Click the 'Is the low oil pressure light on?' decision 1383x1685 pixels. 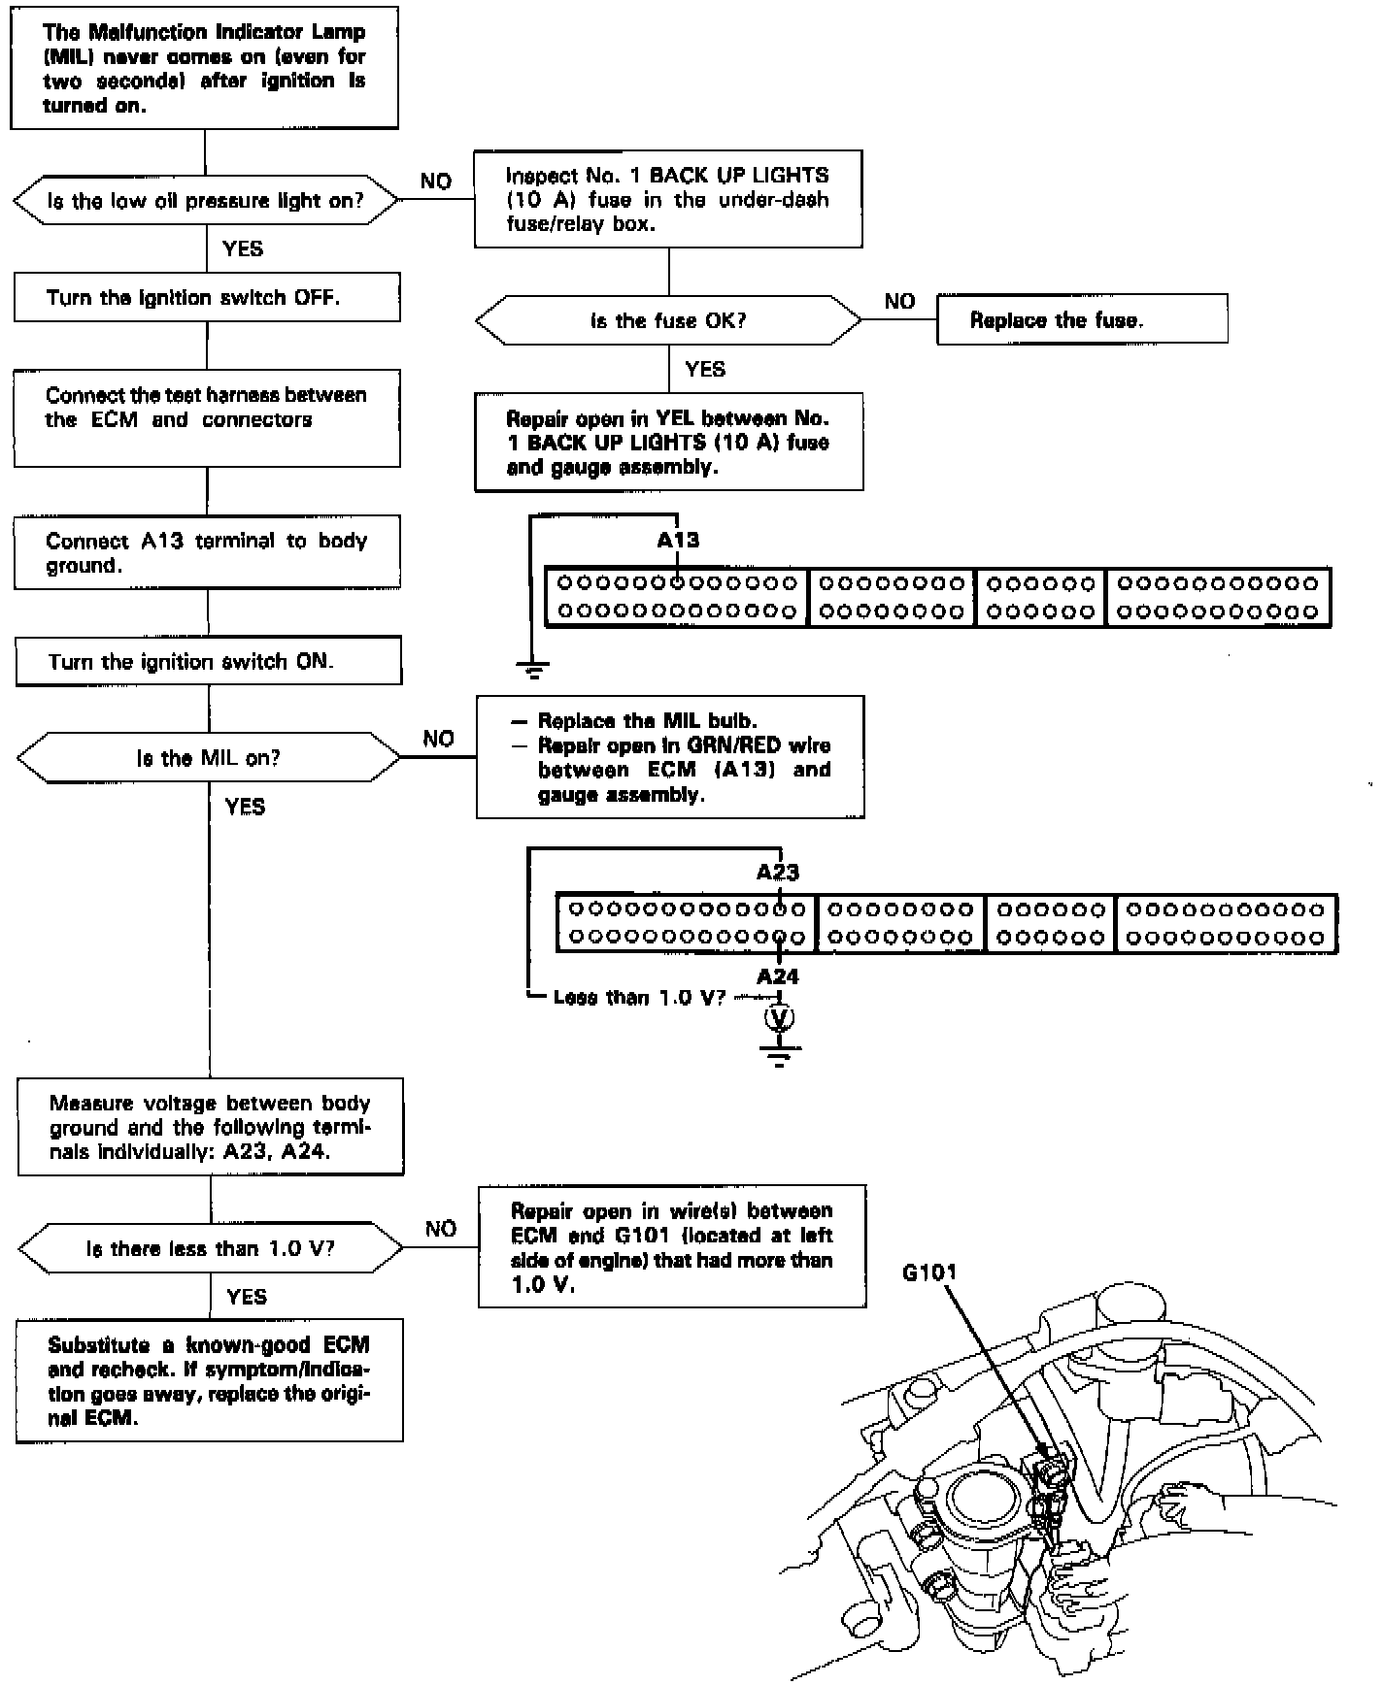[206, 201]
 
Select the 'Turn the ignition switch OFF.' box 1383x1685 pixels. [207, 297]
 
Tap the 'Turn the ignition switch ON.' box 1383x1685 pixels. [208, 662]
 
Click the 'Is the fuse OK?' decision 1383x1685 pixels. [668, 320]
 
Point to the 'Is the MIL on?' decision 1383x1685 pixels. [208, 758]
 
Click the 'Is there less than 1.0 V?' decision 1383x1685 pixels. [210, 1248]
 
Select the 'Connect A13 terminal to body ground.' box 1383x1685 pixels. [207, 552]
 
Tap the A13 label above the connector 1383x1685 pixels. [678, 541]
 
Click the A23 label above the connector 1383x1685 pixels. [778, 873]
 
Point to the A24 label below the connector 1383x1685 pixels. [778, 976]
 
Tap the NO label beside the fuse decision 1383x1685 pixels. [899, 301]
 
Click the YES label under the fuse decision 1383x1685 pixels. [705, 369]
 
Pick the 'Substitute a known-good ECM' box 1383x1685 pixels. [209, 1381]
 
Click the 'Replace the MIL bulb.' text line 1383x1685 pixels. [647, 721]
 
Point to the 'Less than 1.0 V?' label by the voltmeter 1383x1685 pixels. [639, 998]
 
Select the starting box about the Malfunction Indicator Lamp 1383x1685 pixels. [204, 68]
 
